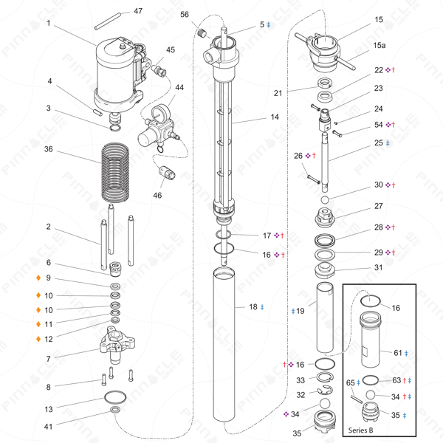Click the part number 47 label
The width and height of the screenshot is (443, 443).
(138, 12)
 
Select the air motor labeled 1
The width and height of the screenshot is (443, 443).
(118, 74)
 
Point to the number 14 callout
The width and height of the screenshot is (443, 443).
(274, 117)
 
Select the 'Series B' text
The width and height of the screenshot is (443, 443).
(360, 429)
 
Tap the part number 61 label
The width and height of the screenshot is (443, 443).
(397, 353)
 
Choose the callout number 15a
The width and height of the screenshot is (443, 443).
(379, 46)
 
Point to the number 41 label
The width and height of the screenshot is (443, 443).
(48, 426)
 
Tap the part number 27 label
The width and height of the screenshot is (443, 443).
(379, 206)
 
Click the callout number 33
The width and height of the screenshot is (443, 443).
(300, 380)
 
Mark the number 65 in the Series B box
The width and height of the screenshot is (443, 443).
(351, 383)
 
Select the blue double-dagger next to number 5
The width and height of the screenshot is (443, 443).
(269, 25)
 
